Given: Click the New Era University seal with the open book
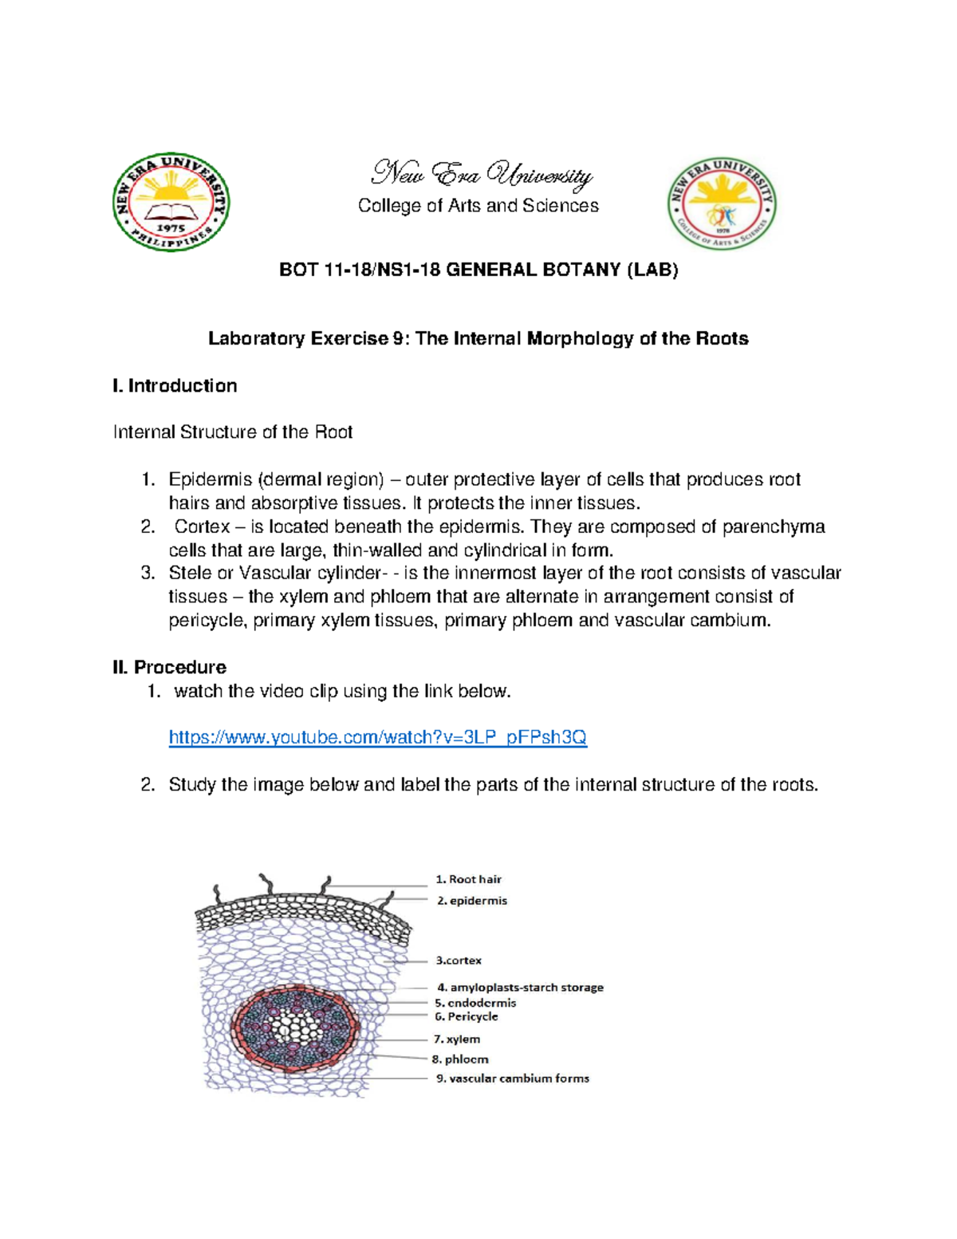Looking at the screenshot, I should coord(171,203).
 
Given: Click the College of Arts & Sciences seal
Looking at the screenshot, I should coord(722,203).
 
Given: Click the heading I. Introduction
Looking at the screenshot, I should coord(175,386).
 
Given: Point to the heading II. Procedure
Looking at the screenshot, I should coord(169,667).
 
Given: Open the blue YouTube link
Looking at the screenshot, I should coord(377,737).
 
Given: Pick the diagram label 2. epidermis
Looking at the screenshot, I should coord(471,901).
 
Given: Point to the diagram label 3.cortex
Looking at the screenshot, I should coord(459,961).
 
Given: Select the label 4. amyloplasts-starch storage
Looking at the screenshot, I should coord(520,987).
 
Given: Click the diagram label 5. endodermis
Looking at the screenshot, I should coord(475,1003).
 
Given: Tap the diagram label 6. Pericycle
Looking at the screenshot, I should coord(467,1016).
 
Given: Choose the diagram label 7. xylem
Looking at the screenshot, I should coord(457,1039).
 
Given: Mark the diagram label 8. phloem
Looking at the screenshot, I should coord(460,1059).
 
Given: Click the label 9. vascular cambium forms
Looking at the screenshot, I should coord(512,1078).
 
